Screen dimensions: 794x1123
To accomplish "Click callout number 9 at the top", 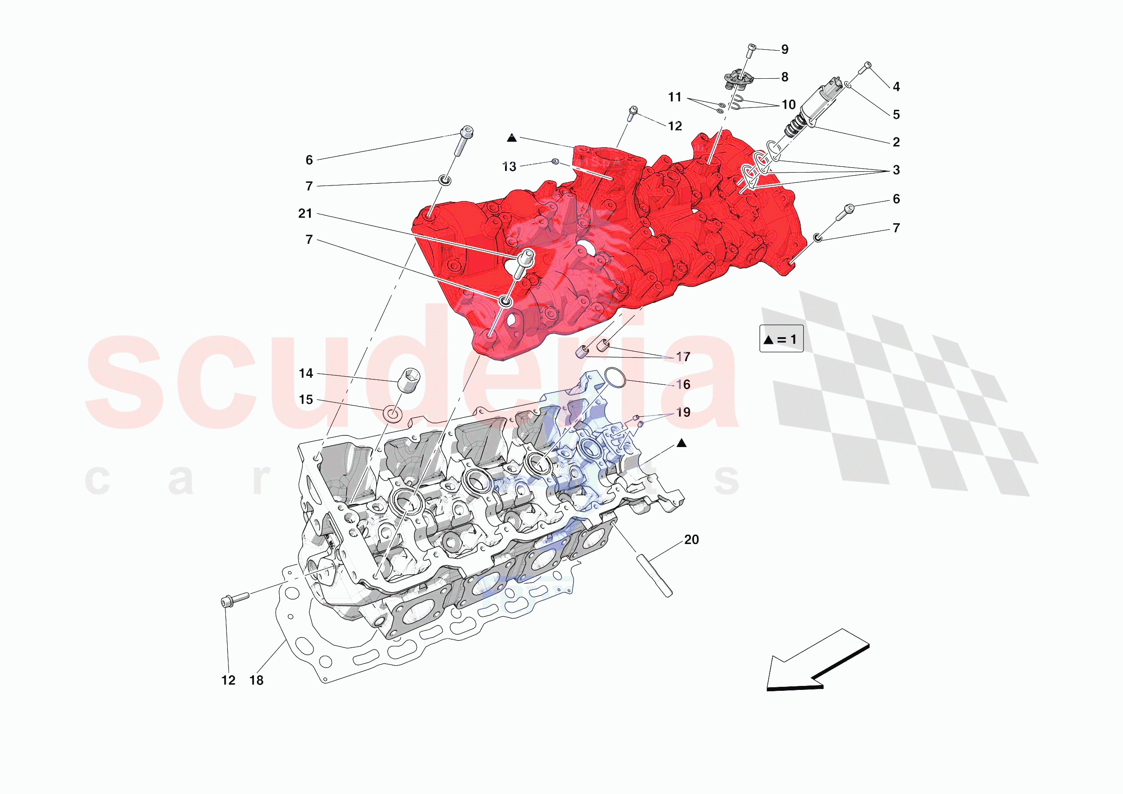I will (x=785, y=49).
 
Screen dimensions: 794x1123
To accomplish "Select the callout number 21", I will (x=305, y=214).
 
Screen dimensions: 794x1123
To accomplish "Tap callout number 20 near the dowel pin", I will (x=691, y=540).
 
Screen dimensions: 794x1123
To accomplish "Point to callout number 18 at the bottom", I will (x=256, y=680).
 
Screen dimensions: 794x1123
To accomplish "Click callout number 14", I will (x=306, y=374).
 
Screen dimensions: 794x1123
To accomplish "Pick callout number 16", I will (x=683, y=384).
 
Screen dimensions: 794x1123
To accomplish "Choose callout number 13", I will (x=509, y=167).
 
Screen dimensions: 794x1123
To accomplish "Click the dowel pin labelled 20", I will (x=654, y=575).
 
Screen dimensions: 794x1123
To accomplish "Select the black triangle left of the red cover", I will (x=512, y=138).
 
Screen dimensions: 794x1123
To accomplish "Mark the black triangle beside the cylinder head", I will (x=682, y=443).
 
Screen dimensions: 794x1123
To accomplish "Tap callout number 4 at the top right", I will (x=896, y=87).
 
